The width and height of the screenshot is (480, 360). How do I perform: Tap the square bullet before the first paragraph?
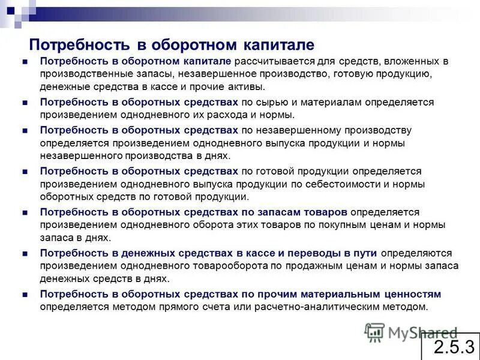[x=25, y=62]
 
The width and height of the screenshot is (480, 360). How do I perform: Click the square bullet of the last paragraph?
[x=25, y=295]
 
